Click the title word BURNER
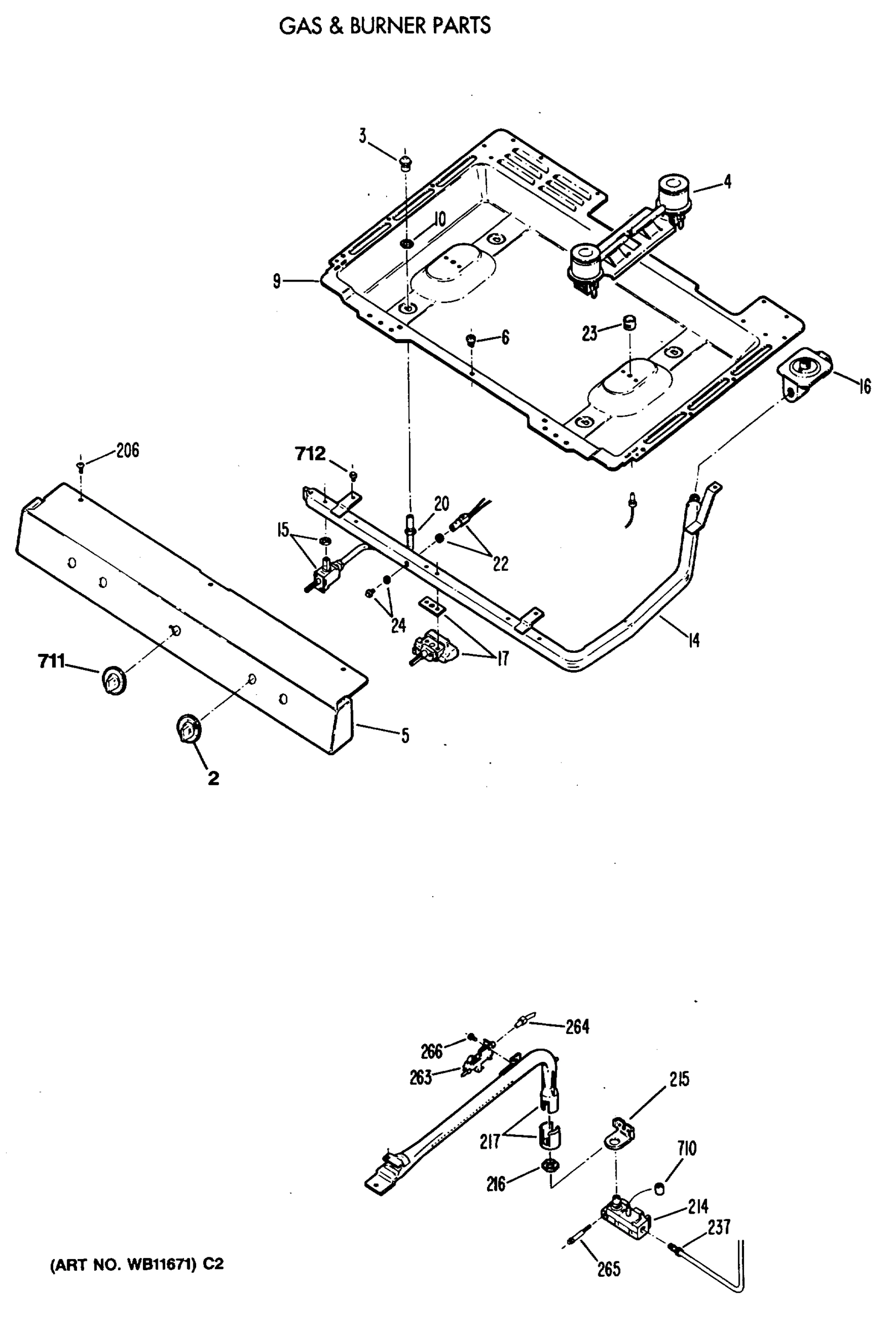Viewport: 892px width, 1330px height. pos(387,26)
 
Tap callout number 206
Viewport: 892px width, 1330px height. pos(127,451)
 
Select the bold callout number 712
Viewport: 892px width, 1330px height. pos(310,454)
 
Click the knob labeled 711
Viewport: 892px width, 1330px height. pos(114,681)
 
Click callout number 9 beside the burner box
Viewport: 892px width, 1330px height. pos(276,281)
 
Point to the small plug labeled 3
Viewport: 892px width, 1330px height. pos(405,163)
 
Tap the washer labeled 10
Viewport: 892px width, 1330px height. pos(407,243)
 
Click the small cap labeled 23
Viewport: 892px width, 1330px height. pos(629,323)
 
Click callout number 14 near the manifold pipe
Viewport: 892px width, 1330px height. pos(694,641)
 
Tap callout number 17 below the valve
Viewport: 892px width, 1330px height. pos(503,659)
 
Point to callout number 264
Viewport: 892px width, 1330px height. pos(577,1027)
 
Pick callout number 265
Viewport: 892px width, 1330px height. pos(608,1269)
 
